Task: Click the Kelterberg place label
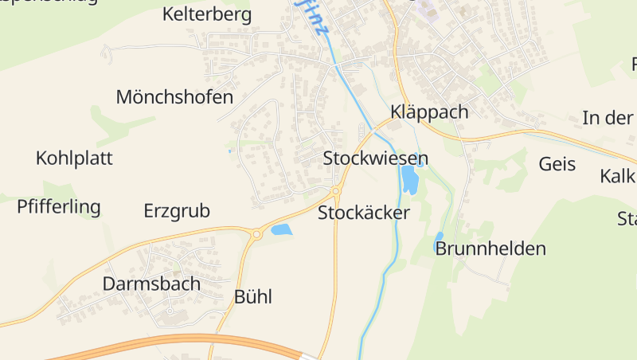point(206,14)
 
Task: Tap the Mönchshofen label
point(174,97)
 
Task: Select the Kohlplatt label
point(74,158)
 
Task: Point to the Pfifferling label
point(59,207)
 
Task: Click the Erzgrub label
point(177,211)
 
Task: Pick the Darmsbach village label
point(151,284)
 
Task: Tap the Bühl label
point(253,297)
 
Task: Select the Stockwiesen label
point(376,158)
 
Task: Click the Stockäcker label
point(364,213)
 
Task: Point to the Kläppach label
point(429,112)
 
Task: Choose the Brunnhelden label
point(490,248)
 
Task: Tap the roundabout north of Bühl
point(256,234)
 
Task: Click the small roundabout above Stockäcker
point(336,190)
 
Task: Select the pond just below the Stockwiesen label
point(409,180)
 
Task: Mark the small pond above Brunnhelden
point(438,240)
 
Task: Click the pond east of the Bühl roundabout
point(281,230)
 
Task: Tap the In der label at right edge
point(608,118)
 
